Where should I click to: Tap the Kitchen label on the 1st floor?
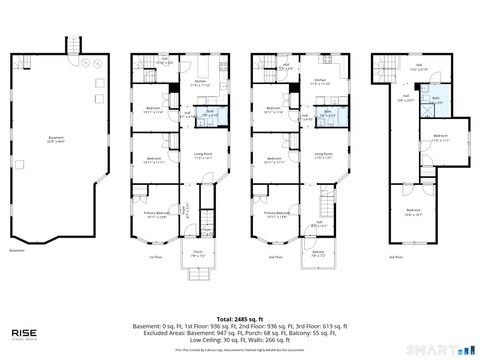point(198,83)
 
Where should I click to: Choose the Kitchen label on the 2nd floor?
point(320,83)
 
